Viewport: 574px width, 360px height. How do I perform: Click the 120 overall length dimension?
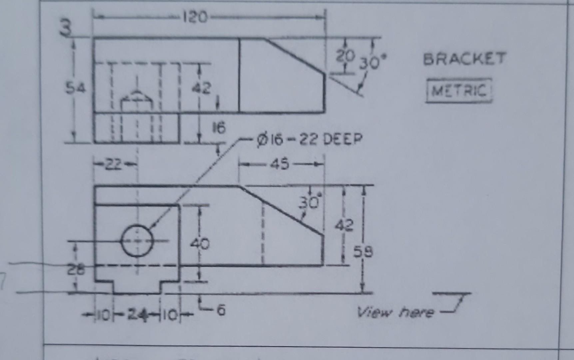click(195, 17)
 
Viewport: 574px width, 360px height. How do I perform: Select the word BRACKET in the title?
click(464, 59)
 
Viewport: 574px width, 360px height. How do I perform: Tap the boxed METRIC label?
click(459, 90)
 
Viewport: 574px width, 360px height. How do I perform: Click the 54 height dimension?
click(75, 88)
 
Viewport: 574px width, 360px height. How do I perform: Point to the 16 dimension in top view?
click(219, 128)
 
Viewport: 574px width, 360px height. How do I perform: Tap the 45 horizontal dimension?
click(281, 164)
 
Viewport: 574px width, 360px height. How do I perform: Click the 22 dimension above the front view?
click(115, 164)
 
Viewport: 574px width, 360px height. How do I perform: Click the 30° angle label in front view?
click(309, 202)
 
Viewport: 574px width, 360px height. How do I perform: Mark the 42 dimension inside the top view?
click(201, 88)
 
